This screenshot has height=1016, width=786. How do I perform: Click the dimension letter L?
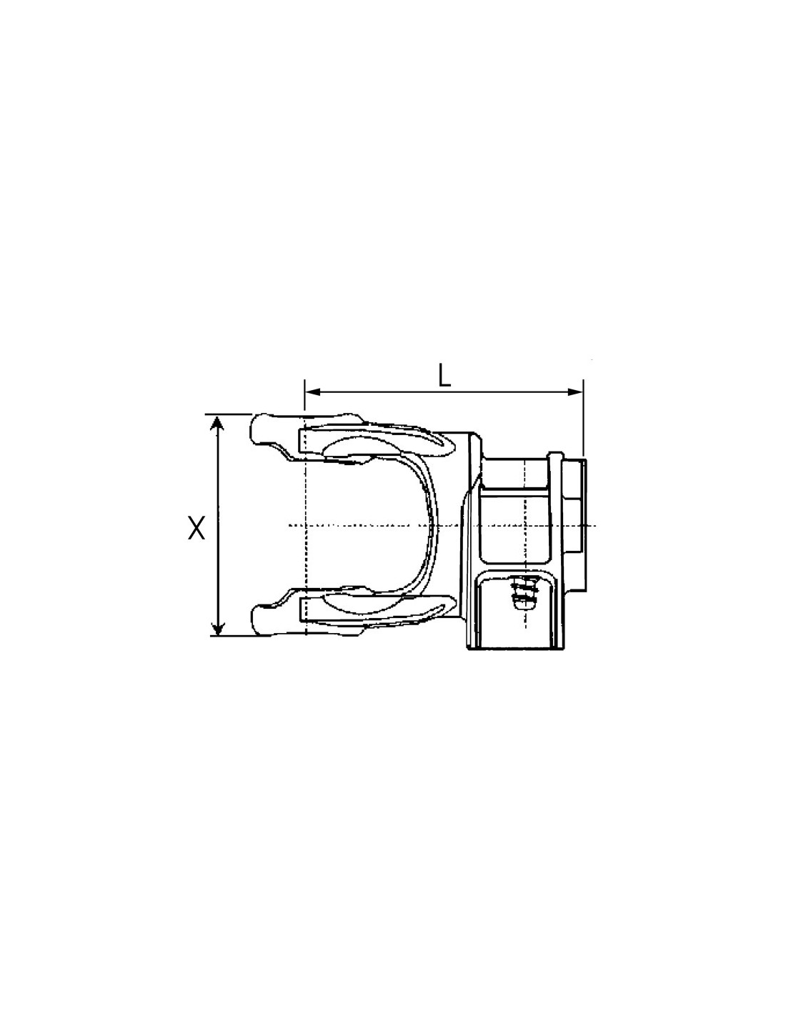(444, 376)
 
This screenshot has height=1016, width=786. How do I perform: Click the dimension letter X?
(196, 527)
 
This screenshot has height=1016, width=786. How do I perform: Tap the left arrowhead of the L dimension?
(312, 392)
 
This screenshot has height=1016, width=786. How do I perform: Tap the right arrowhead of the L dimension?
(575, 392)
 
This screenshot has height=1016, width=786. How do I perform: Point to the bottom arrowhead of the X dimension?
(218, 627)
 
